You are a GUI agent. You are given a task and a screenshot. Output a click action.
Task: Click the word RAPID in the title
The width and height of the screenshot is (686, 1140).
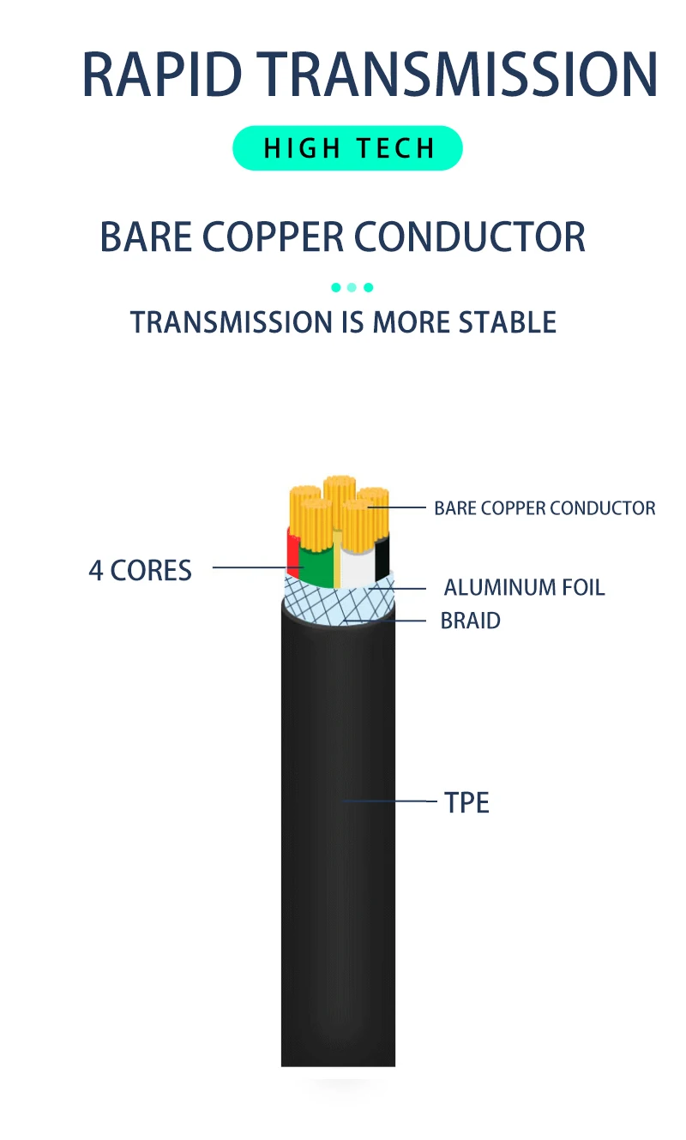point(163,74)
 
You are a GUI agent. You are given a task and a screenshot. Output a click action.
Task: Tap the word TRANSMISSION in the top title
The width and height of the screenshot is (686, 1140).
point(468,74)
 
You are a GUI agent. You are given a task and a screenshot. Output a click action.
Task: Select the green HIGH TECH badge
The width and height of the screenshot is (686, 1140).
point(347,148)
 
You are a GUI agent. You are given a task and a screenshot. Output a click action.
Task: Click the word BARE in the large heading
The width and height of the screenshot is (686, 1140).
point(145,237)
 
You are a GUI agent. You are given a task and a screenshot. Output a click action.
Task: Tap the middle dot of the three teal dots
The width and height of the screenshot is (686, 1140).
point(352,287)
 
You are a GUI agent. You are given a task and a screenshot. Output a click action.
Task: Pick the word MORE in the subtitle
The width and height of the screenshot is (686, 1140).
point(412,322)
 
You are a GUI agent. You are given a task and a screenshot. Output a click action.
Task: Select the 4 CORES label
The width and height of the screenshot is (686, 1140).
point(140,570)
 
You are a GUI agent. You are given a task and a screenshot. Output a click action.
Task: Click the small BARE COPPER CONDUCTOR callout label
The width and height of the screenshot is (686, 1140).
point(545,508)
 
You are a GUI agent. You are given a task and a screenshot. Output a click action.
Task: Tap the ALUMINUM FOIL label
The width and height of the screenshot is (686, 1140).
point(524,588)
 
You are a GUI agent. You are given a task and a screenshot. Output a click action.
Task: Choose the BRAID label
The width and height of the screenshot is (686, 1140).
point(470,621)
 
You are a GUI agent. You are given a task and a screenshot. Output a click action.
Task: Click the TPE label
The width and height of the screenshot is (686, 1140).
point(466,803)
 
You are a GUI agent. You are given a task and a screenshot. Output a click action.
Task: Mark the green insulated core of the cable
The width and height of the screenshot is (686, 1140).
point(316,566)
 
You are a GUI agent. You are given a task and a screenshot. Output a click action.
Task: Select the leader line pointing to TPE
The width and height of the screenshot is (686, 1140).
point(390,801)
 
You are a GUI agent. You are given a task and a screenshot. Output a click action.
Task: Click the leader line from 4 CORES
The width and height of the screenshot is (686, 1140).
point(249,567)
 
